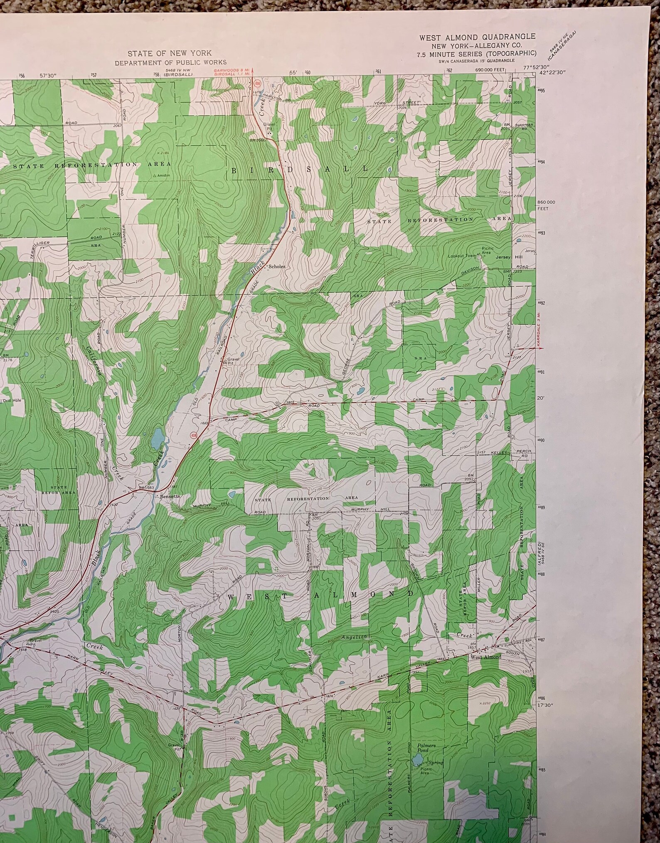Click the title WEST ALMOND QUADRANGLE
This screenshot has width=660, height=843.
[x=477, y=37]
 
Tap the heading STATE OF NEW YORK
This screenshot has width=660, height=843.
[x=169, y=53]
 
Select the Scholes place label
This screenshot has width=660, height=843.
[x=277, y=266]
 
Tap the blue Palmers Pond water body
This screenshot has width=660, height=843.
[x=417, y=760]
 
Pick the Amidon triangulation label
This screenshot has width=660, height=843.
[x=163, y=176]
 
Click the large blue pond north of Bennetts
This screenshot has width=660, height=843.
[x=157, y=439]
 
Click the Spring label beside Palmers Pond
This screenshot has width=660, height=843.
[x=436, y=763]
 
